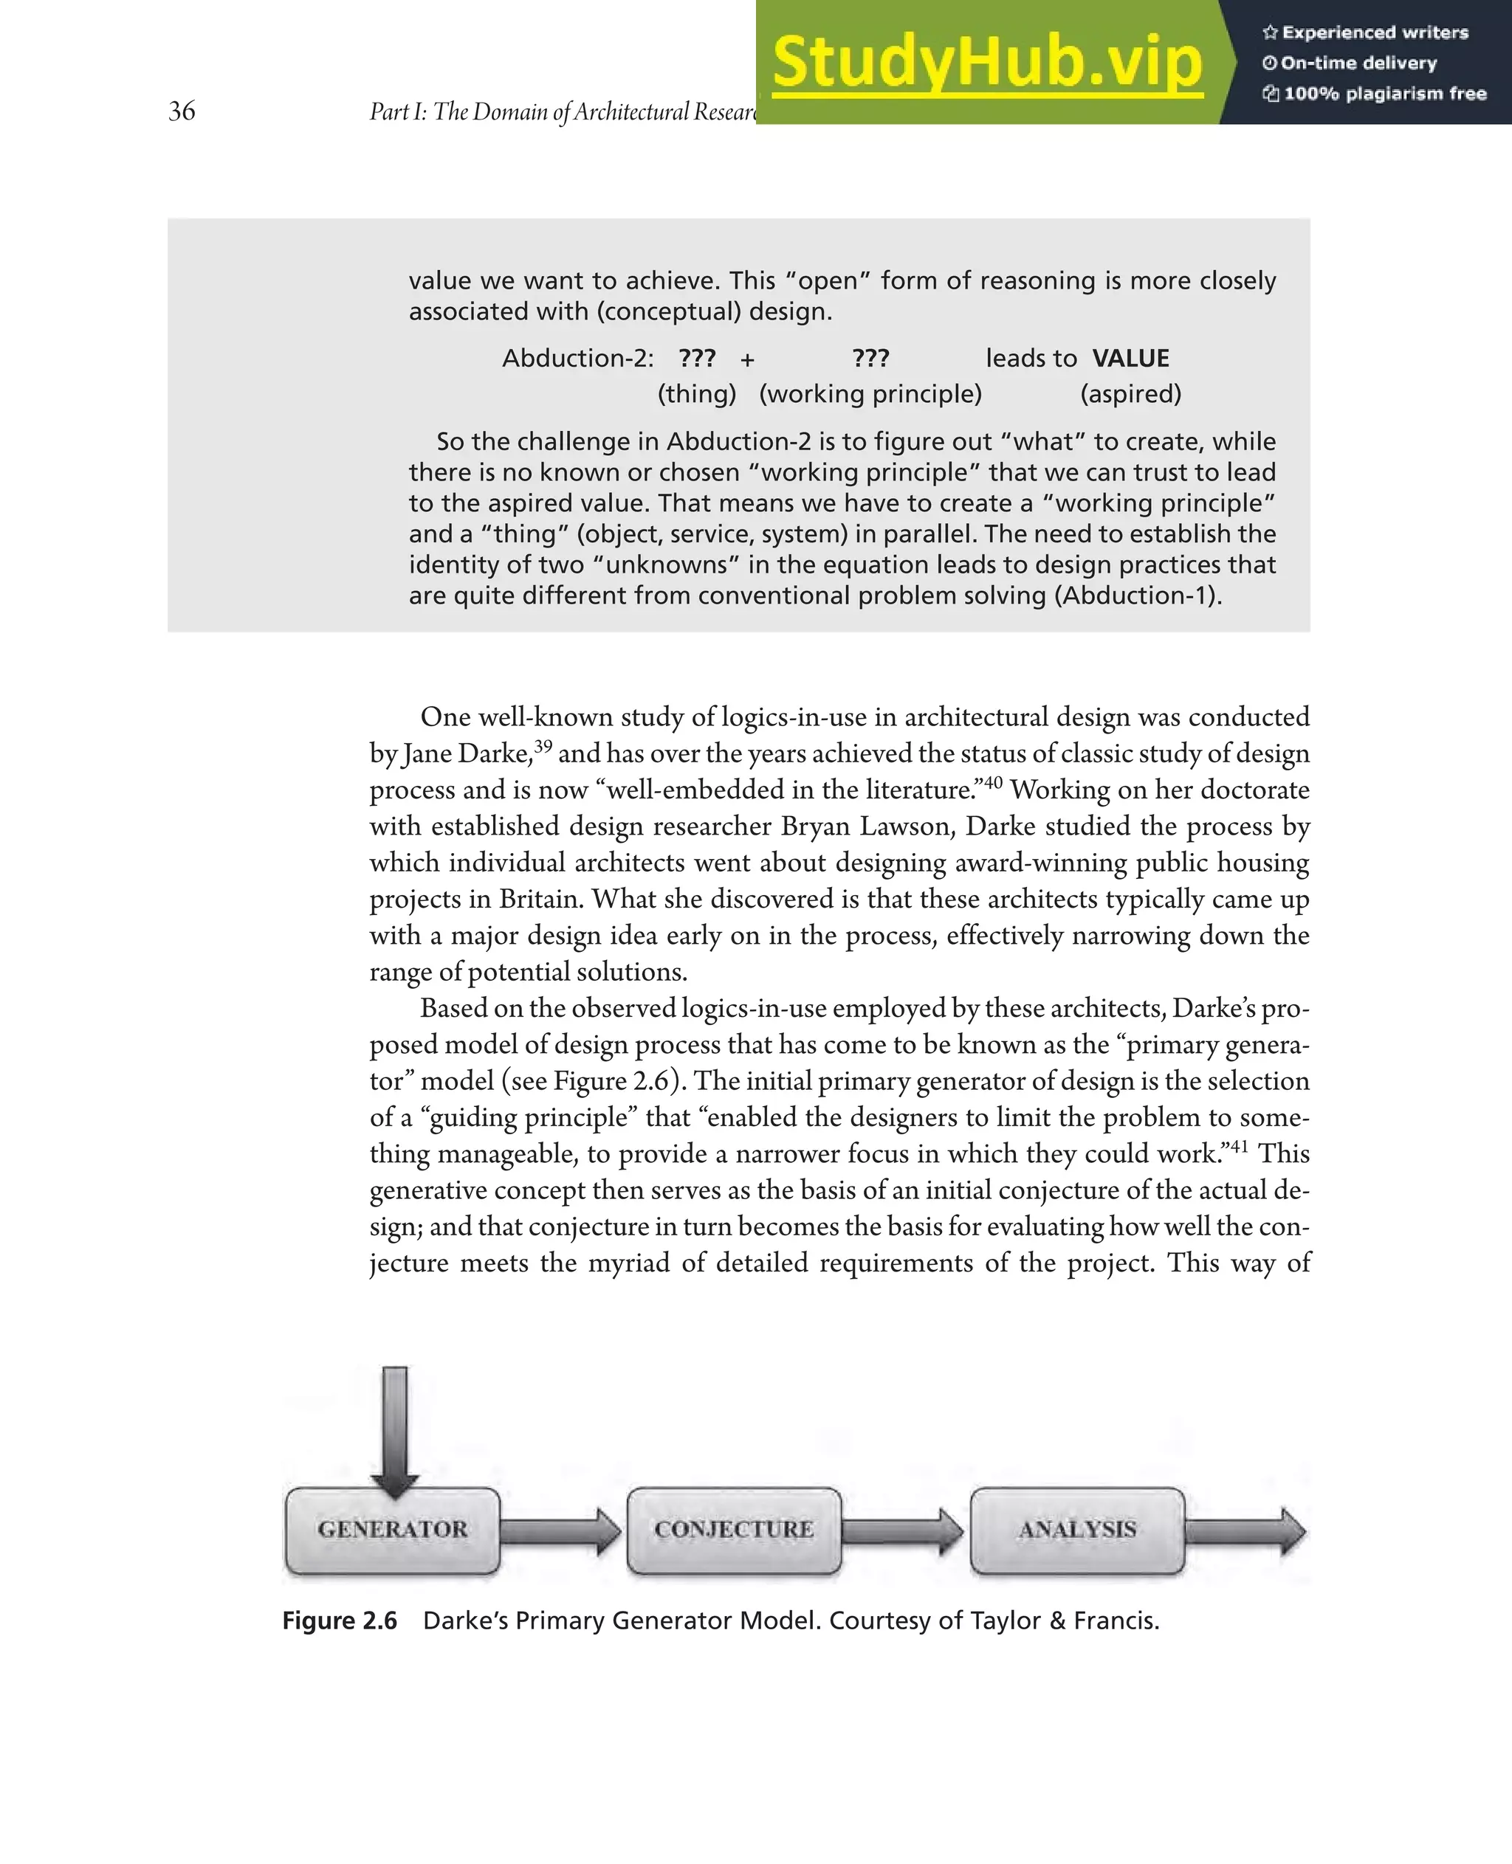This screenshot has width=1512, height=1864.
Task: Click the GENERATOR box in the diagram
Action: tap(393, 1530)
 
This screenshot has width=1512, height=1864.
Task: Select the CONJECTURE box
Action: tap(735, 1530)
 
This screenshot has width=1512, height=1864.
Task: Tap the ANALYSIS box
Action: tap(1077, 1530)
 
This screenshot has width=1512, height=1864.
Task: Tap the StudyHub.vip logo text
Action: tap(987, 63)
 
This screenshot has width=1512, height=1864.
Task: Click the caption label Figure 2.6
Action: tap(340, 1621)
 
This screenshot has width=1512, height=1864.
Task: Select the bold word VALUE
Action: tap(1130, 359)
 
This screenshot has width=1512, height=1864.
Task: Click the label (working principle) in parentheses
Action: tap(870, 394)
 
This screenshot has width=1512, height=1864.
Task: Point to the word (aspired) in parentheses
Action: tap(1130, 394)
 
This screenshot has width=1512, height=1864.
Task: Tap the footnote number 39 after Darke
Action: tap(543, 746)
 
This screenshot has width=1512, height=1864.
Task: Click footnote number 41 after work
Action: tap(1239, 1146)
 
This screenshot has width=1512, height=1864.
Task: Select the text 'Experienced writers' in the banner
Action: tap(1375, 33)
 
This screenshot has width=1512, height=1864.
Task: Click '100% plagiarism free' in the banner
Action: tap(1384, 94)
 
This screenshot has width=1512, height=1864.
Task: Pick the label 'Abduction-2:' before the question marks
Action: tap(577, 359)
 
